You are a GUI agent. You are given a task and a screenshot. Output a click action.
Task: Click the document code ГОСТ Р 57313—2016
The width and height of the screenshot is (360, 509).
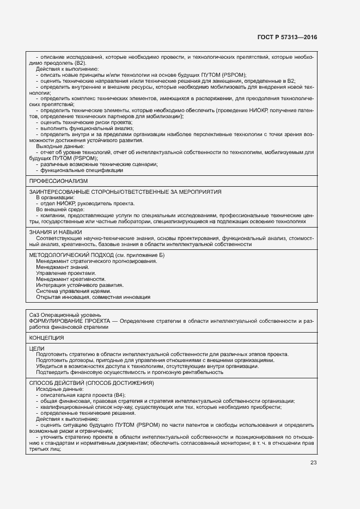click(x=286, y=38)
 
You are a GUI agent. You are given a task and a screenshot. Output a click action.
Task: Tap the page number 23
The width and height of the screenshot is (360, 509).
click(x=313, y=463)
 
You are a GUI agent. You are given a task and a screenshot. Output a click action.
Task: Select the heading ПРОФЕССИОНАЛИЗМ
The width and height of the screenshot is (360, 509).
click(x=58, y=181)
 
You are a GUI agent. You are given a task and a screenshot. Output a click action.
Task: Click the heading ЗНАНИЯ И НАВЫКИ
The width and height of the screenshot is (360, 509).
click(x=55, y=232)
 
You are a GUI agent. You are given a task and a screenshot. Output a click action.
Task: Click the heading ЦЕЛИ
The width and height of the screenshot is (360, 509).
click(x=37, y=348)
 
